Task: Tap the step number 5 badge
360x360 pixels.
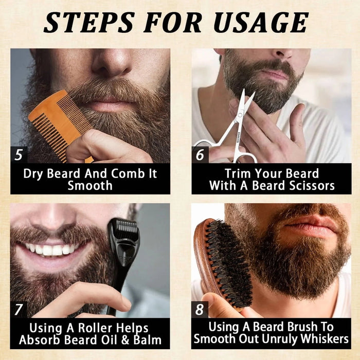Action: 19,154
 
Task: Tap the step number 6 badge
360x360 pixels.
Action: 200,154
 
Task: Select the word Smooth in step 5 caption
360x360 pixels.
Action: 90,185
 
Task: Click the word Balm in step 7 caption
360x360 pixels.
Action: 145,339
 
